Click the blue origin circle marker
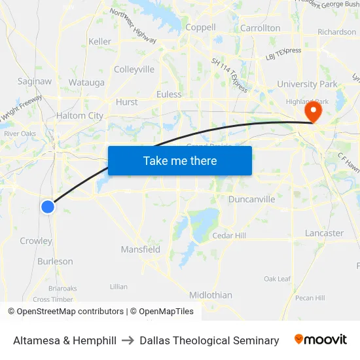coord(48,207)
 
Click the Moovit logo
coord(321,340)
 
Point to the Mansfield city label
coord(141,249)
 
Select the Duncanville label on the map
coord(252,199)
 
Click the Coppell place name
coord(200,27)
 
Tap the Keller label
coord(100,41)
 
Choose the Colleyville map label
coord(134,69)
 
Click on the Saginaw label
coord(35,81)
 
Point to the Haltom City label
coord(80,116)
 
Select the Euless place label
coord(169,94)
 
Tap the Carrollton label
coord(261,28)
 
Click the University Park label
coord(307,84)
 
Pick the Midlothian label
coord(211,295)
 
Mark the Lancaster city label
coord(324,233)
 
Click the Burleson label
coord(55,261)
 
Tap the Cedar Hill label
coord(229,236)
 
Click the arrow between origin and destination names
coord(128,340)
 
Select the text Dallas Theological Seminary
coord(209,340)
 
